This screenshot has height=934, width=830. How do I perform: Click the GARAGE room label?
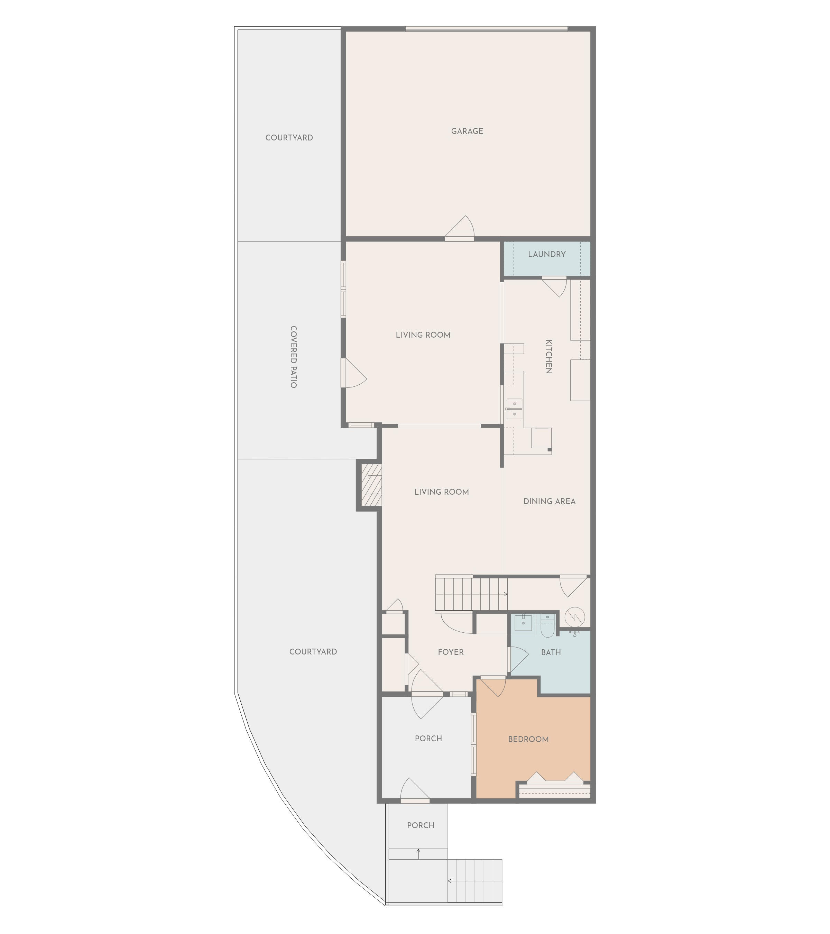point(467,131)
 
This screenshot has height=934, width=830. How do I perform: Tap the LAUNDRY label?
point(547,254)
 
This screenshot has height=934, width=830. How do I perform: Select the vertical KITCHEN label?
point(548,356)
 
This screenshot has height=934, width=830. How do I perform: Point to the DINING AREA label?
point(549,501)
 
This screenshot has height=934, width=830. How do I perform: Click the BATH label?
point(551,652)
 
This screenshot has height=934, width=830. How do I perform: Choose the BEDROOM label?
point(528,739)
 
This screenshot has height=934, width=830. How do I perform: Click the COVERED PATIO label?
point(294,357)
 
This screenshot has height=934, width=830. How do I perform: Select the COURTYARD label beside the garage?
point(289,138)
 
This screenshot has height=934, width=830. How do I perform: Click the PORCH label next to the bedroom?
point(428,739)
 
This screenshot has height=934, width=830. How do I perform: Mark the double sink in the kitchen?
point(514,409)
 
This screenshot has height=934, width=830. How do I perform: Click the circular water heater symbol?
point(575,617)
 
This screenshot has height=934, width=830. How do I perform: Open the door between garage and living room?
point(460,228)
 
